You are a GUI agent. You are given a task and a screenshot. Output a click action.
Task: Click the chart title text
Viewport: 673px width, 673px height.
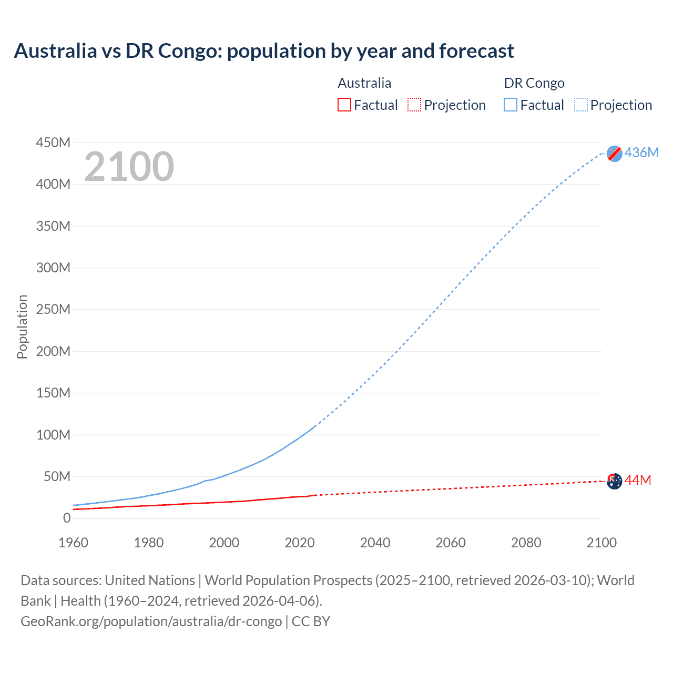coord(264,51)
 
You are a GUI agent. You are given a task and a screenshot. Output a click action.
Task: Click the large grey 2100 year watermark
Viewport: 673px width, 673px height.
coord(129,167)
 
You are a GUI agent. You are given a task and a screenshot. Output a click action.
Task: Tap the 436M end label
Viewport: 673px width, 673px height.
coord(641,152)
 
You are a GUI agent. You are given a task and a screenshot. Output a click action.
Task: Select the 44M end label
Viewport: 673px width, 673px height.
coord(638,480)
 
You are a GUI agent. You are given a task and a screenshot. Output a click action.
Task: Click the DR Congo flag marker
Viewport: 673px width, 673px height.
coord(614,153)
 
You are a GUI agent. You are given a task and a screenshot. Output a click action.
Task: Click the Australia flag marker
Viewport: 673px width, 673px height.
coord(614,481)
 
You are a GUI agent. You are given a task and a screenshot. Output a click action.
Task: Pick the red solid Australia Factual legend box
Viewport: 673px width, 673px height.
coord(344,105)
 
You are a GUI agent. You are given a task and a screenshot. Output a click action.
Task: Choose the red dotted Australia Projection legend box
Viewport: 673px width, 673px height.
coord(414,105)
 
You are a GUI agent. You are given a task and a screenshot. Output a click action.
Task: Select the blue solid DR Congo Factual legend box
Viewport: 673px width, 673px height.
coord(511,105)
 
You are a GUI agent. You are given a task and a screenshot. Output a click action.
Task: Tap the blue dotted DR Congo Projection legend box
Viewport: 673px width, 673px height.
coord(580,105)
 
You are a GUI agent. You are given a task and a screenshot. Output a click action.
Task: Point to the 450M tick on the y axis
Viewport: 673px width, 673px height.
coord(53,142)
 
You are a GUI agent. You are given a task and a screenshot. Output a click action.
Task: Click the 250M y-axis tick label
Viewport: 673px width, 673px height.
coord(53,309)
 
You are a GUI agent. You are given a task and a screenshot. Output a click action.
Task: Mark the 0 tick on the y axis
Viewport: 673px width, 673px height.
coord(66,518)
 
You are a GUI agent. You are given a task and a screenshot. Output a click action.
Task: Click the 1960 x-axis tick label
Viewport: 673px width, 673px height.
coord(73,543)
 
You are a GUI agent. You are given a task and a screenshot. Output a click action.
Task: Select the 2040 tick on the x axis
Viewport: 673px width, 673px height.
coord(375,543)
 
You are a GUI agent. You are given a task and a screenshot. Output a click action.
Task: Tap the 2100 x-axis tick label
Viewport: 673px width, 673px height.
coord(601,543)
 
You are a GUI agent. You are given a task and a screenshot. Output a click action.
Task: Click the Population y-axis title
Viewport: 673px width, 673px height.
coord(22,327)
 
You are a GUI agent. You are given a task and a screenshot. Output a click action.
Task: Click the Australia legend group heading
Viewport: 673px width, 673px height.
coord(364,83)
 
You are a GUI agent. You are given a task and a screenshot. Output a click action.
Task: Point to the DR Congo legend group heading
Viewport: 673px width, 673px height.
coord(534,83)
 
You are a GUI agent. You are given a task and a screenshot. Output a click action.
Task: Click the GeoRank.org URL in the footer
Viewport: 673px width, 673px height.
coord(151,621)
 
